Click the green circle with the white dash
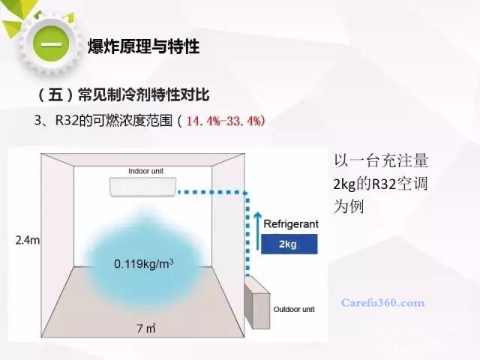point(51,44)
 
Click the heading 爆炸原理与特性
point(144,46)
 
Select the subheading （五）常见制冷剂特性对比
point(123,94)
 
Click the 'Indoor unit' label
point(145,171)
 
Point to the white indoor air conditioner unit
point(143,187)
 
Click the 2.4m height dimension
point(28,240)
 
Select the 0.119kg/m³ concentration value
point(144,263)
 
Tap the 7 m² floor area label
point(146,328)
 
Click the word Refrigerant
point(291,224)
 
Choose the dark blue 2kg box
point(289,244)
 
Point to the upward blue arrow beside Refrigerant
point(258,230)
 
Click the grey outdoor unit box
point(257,302)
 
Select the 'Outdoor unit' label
point(294,309)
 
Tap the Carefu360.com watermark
point(383,303)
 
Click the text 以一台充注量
point(381,160)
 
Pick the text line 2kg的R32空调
point(380,184)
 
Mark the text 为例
point(349,207)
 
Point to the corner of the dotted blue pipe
point(247,193)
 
